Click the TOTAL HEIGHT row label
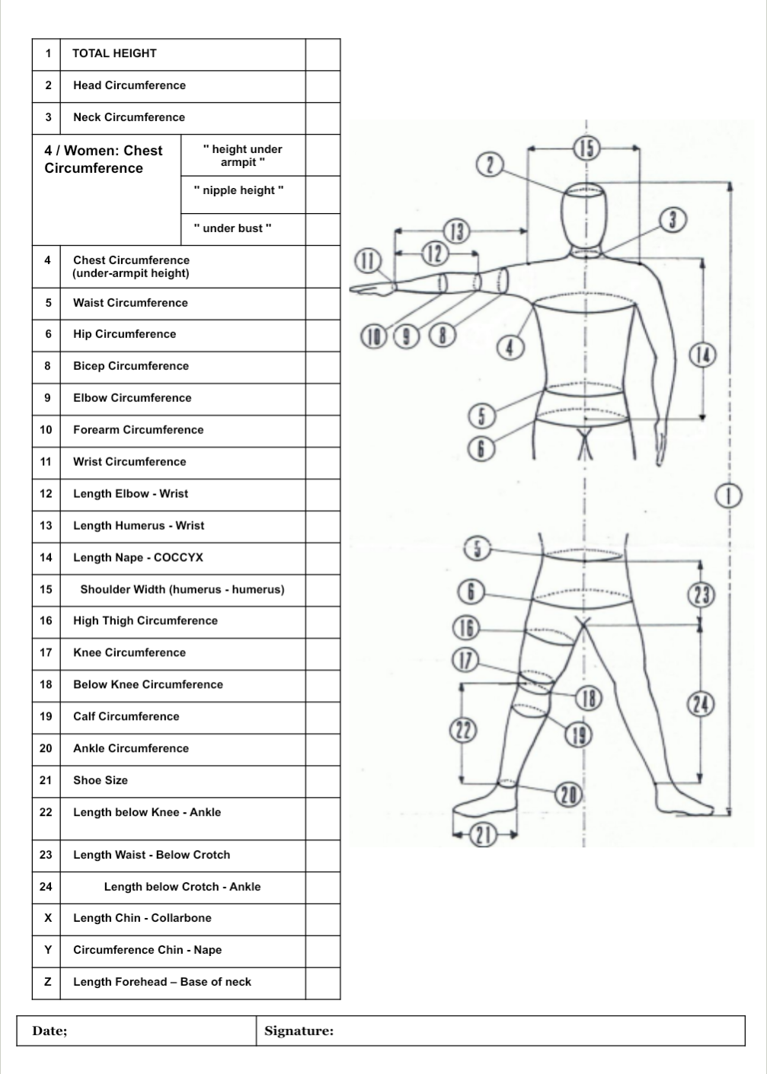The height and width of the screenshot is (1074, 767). (x=114, y=53)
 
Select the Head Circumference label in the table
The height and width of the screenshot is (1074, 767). (x=129, y=85)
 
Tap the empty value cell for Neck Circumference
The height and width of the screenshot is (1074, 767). (x=323, y=118)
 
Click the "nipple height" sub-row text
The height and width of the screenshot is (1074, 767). (x=238, y=190)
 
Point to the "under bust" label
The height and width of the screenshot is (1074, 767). (x=232, y=228)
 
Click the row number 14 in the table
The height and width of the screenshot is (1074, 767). (x=46, y=557)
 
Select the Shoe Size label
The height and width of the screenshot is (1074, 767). (x=101, y=780)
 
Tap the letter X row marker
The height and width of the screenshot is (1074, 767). (x=47, y=918)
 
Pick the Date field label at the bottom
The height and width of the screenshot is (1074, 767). (x=50, y=1031)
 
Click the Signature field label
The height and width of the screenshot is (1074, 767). (x=299, y=1031)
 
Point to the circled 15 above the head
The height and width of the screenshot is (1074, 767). (x=587, y=148)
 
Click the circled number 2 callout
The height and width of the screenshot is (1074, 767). (x=489, y=164)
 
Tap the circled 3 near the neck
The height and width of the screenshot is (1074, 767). (x=673, y=220)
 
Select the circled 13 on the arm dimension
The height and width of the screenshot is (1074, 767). (x=456, y=231)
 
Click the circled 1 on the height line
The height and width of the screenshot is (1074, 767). (x=728, y=496)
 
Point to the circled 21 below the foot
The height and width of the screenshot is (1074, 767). (x=483, y=835)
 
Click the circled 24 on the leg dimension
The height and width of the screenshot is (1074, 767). (x=701, y=704)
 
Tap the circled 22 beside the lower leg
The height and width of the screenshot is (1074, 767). (x=463, y=731)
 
